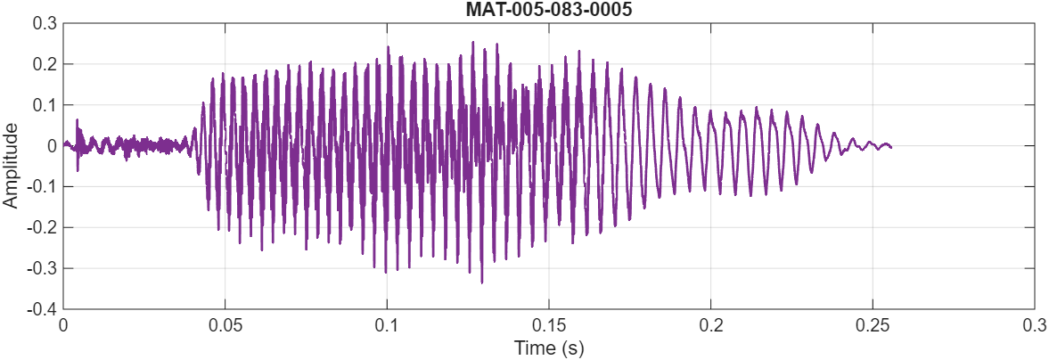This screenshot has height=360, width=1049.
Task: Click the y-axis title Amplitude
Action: point(11,166)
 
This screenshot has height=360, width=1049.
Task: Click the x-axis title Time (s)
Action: point(548,348)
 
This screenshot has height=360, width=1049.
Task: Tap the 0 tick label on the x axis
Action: point(63,325)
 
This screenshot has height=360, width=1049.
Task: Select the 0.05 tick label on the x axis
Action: point(225,325)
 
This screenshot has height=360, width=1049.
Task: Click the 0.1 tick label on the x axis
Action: point(387,325)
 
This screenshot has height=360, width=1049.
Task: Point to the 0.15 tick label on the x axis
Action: point(548,325)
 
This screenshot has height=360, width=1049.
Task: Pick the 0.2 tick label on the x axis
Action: point(710,325)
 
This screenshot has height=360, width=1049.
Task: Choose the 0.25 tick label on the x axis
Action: point(873,325)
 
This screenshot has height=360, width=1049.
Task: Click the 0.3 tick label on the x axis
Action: point(1034,325)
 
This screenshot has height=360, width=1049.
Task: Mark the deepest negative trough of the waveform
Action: point(481,282)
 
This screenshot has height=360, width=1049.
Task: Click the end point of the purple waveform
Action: point(891,146)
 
